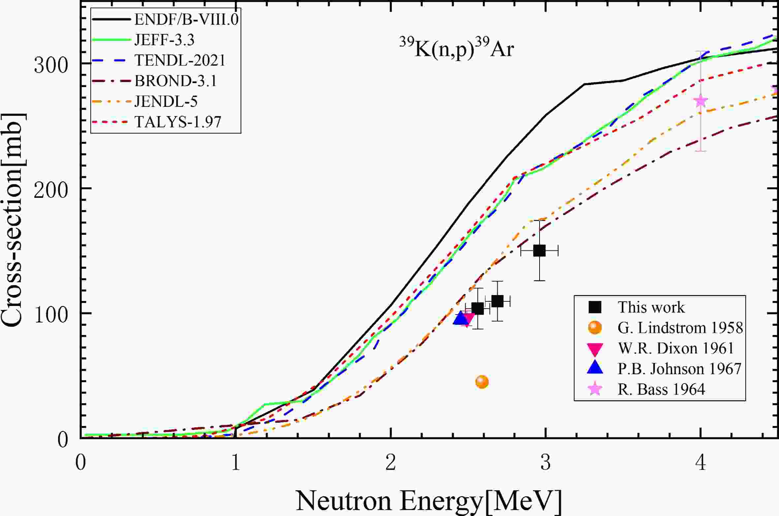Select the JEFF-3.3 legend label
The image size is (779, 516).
pos(164,40)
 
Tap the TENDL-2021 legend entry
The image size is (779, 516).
pos(180,61)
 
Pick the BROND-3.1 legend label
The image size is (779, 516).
pos(175,81)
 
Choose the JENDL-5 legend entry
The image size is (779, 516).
pos(166,102)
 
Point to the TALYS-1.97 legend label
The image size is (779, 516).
pos(178,122)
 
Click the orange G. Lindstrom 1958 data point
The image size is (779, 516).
pos(482,382)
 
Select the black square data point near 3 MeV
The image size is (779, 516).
pos(539,251)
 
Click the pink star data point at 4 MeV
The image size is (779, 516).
pos(701,101)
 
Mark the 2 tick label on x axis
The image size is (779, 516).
pos(390,463)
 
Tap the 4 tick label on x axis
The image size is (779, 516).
pos(701,463)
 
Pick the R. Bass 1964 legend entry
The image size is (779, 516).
pos(661,389)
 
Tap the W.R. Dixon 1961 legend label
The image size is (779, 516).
pos(675,349)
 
